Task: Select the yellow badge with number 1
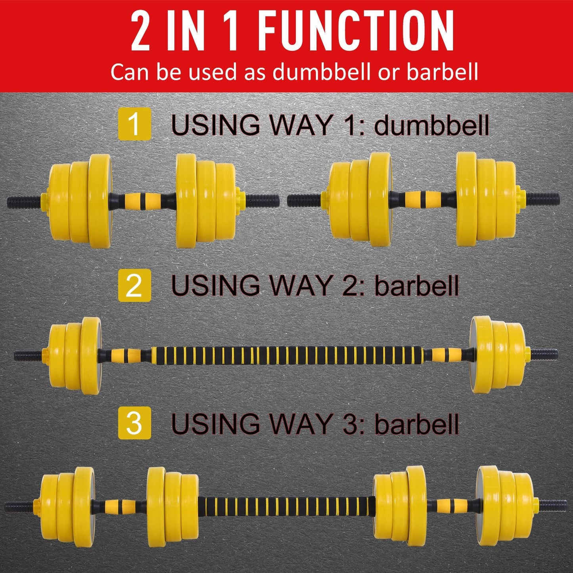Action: tap(134, 124)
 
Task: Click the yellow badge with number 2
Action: tap(134, 285)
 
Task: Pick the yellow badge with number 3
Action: tap(134, 423)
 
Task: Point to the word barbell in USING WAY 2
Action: tap(416, 286)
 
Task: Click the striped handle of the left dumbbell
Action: tap(143, 199)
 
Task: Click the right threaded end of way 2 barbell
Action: tap(543, 353)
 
